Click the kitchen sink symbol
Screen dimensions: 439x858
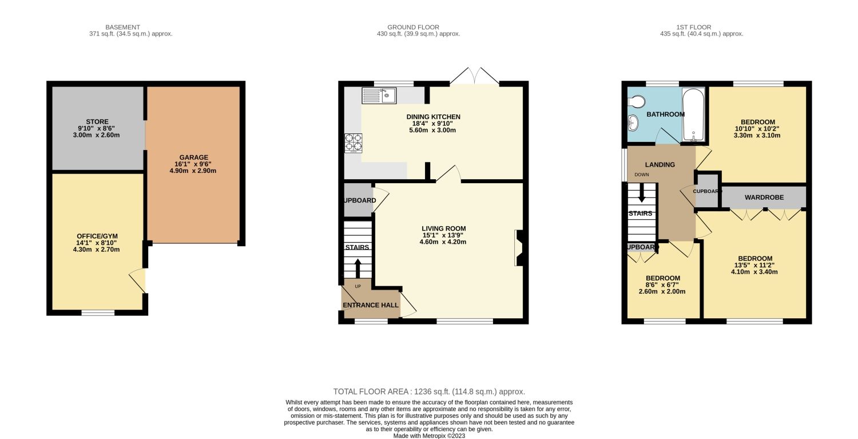point(379,95)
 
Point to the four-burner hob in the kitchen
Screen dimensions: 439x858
point(353,143)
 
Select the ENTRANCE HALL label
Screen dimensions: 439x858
point(371,306)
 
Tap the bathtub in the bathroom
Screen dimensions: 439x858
point(693,114)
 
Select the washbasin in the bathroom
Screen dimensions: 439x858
point(633,122)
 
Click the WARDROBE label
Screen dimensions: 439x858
point(764,197)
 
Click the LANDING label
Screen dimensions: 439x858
point(660,165)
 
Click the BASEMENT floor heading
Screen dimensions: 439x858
point(122,27)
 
